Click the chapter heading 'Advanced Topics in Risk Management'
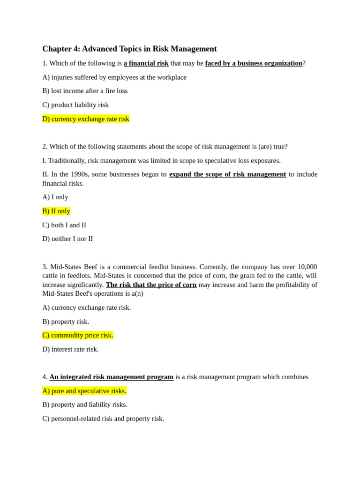[149, 49]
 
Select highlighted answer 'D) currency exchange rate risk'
[86, 119]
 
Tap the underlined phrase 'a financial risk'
[146, 63]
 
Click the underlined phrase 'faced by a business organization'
[254, 63]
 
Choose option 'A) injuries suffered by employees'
[114, 77]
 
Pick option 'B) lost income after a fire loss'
[85, 91]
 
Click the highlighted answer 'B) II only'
[56, 211]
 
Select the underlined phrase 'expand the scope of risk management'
[227, 174]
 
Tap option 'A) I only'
[55, 197]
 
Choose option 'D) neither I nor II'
[67, 239]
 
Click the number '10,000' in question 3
[307, 267]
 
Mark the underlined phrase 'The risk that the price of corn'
[151, 285]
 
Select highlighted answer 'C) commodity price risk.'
[78, 335]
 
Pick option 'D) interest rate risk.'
[70, 349]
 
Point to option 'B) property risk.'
[66, 322]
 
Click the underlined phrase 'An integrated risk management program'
[112, 377]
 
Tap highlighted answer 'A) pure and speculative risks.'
[84, 391]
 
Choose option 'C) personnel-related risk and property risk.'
[103, 419]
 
